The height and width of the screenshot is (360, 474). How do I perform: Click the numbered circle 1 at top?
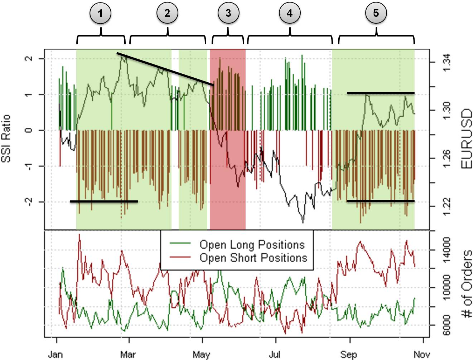pyautogui.click(x=100, y=14)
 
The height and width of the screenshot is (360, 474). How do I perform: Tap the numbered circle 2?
pyautogui.click(x=167, y=14)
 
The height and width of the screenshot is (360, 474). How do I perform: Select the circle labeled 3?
pyautogui.click(x=228, y=14)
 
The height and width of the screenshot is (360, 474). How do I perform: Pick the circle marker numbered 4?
pyautogui.click(x=289, y=14)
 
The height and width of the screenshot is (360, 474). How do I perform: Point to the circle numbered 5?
pyautogui.click(x=376, y=14)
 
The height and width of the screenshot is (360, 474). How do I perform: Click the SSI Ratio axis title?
pyautogui.click(x=6, y=138)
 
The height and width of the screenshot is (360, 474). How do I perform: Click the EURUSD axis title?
pyautogui.click(x=466, y=139)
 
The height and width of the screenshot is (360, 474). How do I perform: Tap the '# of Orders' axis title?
pyautogui.click(x=466, y=284)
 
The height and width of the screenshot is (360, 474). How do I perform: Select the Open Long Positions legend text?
pyautogui.click(x=252, y=245)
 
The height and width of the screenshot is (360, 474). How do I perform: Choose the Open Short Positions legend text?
pyautogui.click(x=253, y=258)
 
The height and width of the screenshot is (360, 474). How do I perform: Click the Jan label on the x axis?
pyautogui.click(x=55, y=354)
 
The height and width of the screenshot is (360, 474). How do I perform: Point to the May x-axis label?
pyautogui.click(x=201, y=354)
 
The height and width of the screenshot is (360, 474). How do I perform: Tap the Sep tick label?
pyautogui.click(x=349, y=354)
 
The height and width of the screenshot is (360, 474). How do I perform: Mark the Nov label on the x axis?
pyautogui.click(x=422, y=354)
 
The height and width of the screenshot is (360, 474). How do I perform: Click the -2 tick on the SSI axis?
pyautogui.click(x=30, y=202)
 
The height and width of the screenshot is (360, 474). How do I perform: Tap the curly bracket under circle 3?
pyautogui.click(x=228, y=37)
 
